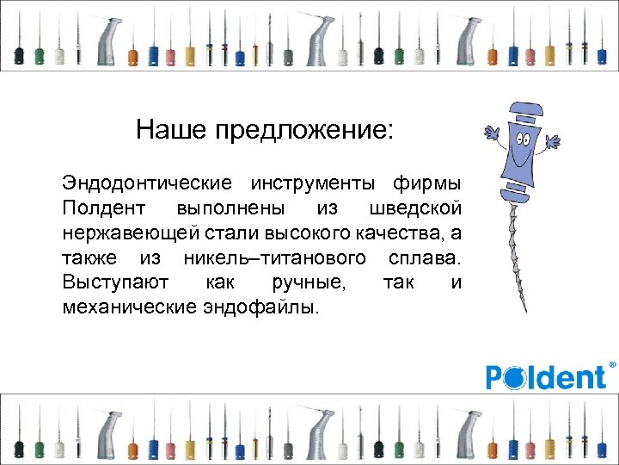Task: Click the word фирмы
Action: click(427, 183)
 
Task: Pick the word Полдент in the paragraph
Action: click(96, 208)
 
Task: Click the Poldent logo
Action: click(546, 377)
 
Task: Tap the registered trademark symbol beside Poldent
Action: click(612, 366)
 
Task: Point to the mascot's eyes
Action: click(523, 138)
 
